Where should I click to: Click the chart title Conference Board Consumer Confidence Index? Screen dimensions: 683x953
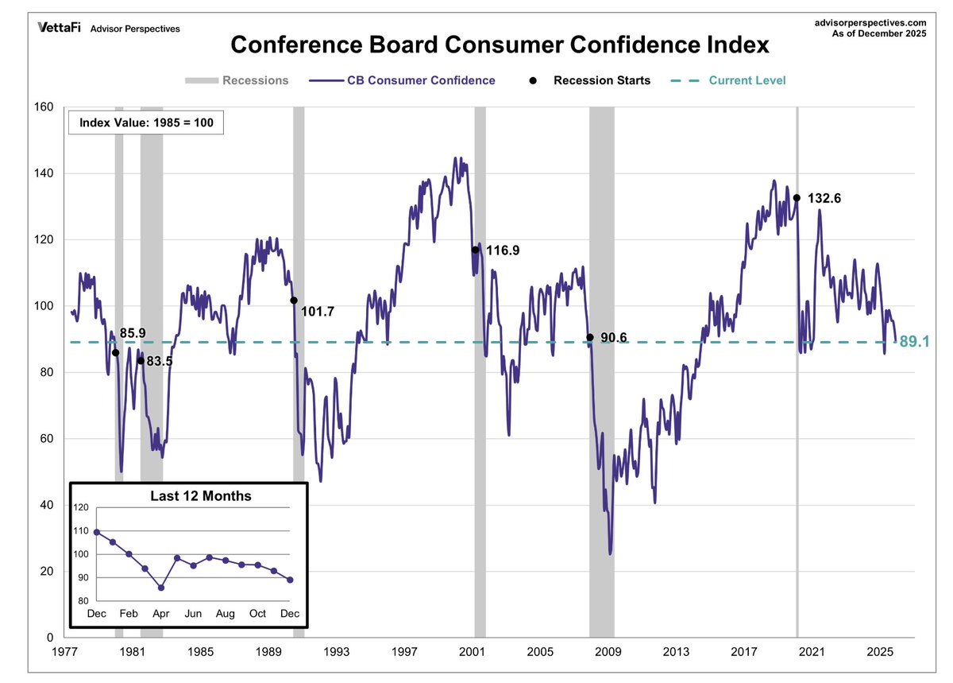point(500,45)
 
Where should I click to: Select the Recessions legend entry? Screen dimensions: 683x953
point(237,80)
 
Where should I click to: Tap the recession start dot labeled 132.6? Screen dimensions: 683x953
point(797,198)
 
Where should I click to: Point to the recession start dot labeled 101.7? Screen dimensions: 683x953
point(294,301)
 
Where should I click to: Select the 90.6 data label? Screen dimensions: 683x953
point(613,338)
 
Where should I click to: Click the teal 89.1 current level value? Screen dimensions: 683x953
point(914,343)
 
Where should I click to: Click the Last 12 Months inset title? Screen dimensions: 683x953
point(201,496)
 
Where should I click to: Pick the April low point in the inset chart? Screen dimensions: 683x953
point(161,588)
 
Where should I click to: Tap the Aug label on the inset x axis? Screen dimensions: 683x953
point(225,614)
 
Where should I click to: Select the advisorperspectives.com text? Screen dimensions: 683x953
point(871,24)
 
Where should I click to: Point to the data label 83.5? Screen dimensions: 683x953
point(160,361)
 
